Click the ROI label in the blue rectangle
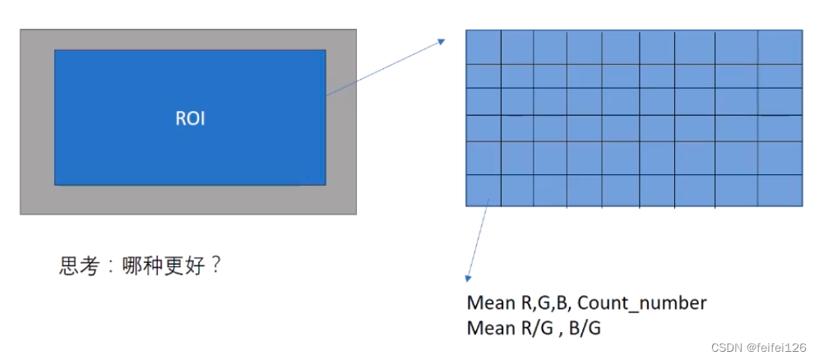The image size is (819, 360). [190, 118]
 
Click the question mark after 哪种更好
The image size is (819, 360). [215, 265]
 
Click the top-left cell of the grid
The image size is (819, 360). [484, 47]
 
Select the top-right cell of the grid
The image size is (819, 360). [780, 47]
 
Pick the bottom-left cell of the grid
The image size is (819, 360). [484, 190]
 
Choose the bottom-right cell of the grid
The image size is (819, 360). [780, 190]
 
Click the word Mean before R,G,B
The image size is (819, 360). [488, 302]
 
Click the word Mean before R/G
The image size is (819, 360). [488, 328]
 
